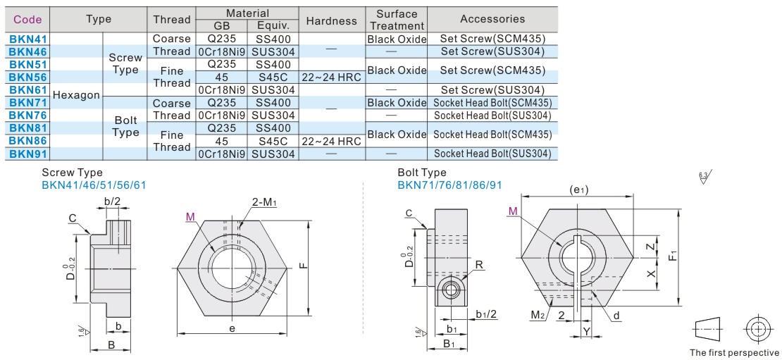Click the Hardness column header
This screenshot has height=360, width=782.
pyautogui.click(x=332, y=20)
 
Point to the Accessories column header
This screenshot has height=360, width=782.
pyautogui.click(x=492, y=19)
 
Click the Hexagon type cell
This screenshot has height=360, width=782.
pyautogui.click(x=76, y=95)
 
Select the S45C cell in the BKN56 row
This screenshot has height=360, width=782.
pyautogui.click(x=270, y=77)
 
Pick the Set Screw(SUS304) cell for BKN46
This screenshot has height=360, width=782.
pyautogui.click(x=492, y=51)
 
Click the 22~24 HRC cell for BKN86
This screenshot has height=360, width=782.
pyautogui.click(x=332, y=141)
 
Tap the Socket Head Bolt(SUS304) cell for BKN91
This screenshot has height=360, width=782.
pyautogui.click(x=492, y=154)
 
